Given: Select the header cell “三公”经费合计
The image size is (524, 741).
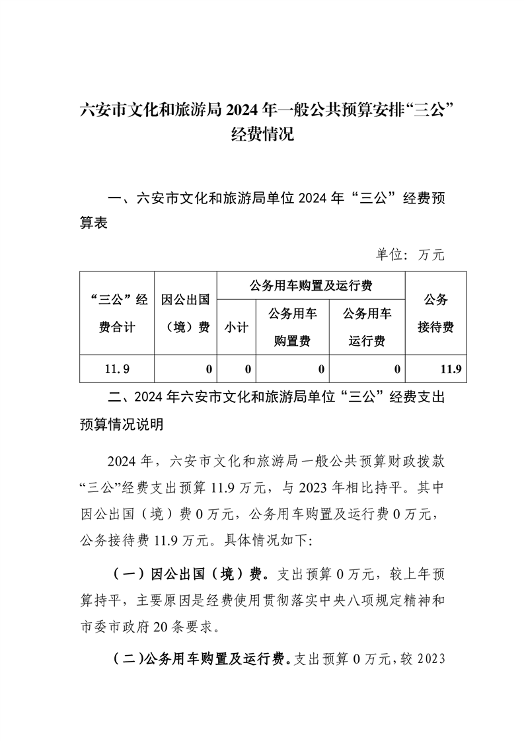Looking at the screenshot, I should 117,313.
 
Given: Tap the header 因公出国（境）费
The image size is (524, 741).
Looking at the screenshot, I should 186,313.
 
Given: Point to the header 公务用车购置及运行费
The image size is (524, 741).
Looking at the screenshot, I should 311,285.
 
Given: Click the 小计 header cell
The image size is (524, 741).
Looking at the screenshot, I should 236,327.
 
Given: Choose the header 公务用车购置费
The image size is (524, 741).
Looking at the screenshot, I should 293,327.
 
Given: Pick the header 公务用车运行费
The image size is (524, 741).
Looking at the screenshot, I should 367,327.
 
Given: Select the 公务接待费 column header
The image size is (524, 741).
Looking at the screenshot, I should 436,313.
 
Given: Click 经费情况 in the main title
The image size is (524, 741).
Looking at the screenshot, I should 262,135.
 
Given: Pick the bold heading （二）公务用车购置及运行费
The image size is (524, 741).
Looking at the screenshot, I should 198,658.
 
